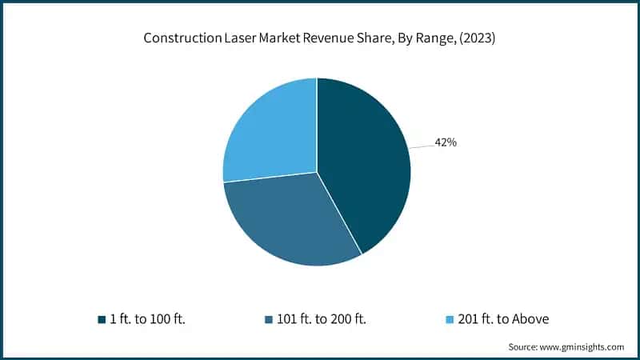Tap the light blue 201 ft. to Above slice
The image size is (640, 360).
(x=268, y=132)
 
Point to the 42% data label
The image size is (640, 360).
(x=446, y=142)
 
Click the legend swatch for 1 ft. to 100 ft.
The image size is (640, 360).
(x=102, y=319)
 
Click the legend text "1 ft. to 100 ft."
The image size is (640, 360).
(x=152, y=319)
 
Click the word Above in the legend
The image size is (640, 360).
(x=530, y=319)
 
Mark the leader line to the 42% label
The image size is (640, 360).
(x=421, y=146)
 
